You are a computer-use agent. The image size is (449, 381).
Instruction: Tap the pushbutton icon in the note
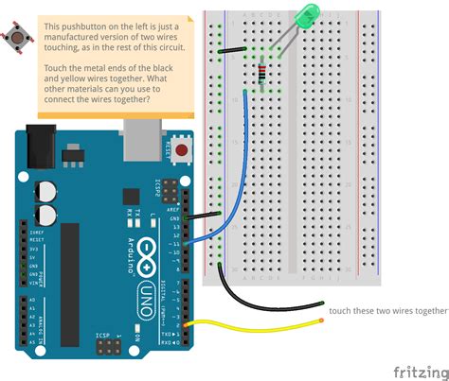16,38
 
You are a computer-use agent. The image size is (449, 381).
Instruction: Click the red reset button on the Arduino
179,149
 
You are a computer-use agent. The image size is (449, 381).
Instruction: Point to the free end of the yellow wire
323,320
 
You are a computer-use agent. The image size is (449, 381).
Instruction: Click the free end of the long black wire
323,303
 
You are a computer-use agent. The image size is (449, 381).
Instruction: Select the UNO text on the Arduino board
147,294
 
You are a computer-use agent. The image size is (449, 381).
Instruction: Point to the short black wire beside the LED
231,50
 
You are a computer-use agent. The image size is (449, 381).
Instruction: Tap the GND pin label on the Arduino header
173,218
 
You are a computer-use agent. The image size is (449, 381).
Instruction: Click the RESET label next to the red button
169,150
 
